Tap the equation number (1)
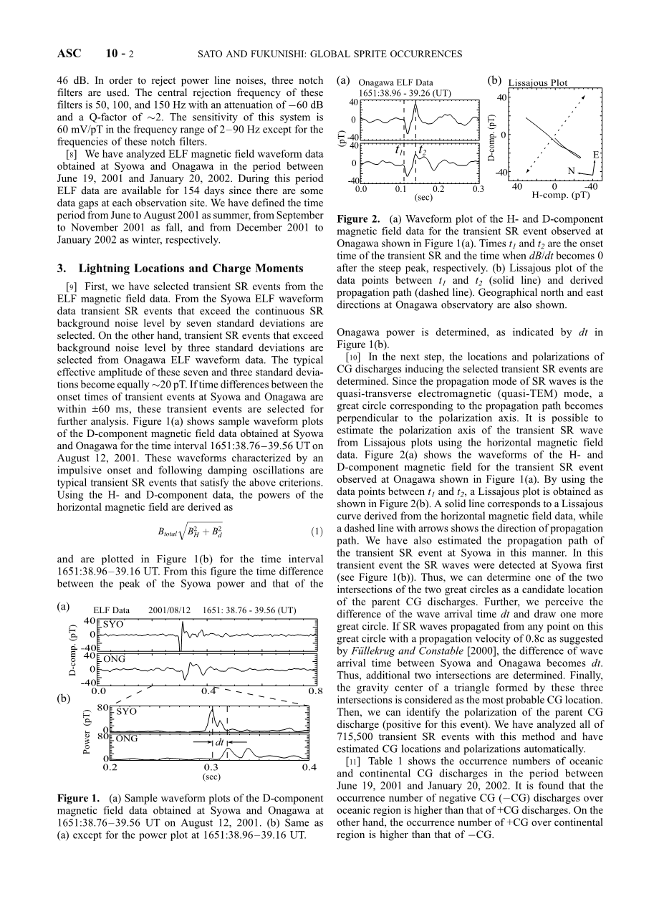pos(314,532)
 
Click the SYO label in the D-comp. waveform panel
pos(113,625)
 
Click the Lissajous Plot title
pos(538,83)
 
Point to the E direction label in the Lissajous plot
pos(596,155)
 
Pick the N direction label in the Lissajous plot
pos(571,171)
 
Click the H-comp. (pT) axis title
pos(560,194)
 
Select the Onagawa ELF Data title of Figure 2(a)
pos(395,83)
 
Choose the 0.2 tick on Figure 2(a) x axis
pos(438,190)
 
